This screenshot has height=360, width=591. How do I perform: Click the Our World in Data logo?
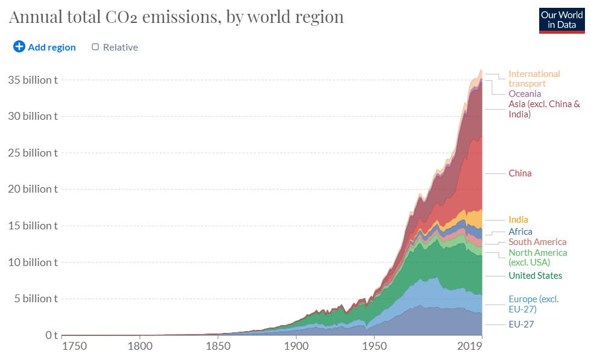561,20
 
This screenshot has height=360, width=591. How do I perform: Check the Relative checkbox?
95,47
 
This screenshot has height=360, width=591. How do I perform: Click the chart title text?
176,16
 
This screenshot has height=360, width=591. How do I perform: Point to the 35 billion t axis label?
33,79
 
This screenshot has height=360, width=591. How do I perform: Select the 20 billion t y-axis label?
33,189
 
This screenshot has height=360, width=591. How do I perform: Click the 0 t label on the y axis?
51,335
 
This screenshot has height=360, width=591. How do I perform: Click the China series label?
520,173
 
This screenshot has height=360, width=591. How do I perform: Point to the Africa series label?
521,231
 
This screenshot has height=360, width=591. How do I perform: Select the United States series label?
535,276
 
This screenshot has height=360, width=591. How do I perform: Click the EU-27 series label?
521,324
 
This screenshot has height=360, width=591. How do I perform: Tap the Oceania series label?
525,94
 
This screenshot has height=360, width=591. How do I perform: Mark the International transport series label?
534,79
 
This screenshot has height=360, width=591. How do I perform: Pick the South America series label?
537,242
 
